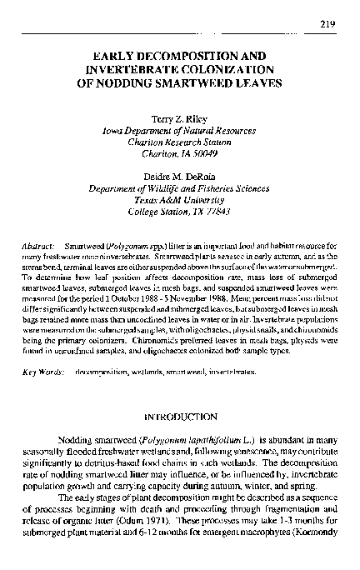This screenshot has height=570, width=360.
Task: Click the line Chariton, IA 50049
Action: click(x=180, y=153)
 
